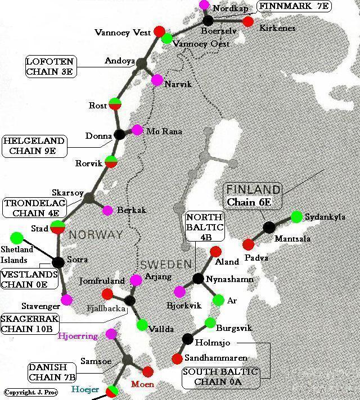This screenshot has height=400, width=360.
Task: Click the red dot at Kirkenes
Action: [247, 22]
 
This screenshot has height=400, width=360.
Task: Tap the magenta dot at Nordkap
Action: [205, 5]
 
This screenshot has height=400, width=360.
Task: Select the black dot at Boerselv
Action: [209, 20]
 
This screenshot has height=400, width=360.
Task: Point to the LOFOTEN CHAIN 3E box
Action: [51, 66]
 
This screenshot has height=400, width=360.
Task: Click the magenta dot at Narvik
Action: [157, 80]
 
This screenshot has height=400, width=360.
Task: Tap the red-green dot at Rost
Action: [115, 104]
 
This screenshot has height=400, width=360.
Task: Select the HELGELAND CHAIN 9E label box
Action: [34, 146]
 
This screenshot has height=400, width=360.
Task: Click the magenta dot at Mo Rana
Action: [137, 130]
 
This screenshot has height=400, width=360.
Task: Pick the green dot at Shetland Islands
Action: [17, 238]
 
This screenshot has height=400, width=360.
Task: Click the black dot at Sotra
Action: [58, 262]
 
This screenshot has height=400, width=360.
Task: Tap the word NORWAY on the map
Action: [96, 235]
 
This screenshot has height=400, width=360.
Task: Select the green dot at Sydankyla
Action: [297, 216]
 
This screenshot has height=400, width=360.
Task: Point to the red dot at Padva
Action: [248, 244]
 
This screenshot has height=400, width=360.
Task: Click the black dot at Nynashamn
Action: [197, 279]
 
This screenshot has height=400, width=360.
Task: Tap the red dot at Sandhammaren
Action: [177, 358]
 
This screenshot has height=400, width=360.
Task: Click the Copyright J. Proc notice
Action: [26, 392]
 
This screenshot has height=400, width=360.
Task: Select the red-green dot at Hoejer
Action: [113, 389]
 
